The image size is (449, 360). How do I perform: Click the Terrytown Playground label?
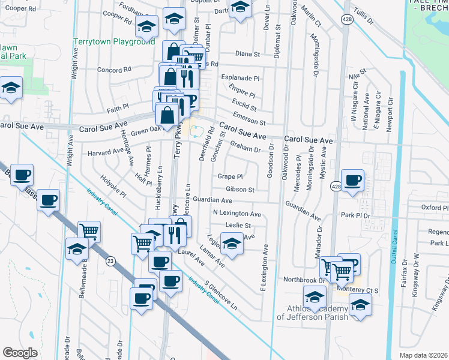click(114, 42)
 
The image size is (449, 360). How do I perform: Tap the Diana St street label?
click(247, 53)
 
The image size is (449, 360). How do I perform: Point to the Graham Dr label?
click(245, 148)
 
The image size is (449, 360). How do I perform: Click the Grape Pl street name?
click(230, 177)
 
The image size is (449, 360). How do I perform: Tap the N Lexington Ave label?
click(237, 214)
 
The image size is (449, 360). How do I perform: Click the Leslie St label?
click(238, 226)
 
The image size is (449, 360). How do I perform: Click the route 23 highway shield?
click(110, 261)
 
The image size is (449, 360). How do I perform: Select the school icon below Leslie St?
click(232, 244)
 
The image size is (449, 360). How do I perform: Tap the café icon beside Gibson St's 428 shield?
click(352, 179)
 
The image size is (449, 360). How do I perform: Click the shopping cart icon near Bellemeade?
click(89, 232)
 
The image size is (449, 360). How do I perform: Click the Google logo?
click(20, 353)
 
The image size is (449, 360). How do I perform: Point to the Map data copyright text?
click(423, 355)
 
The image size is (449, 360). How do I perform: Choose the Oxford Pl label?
click(435, 208)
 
